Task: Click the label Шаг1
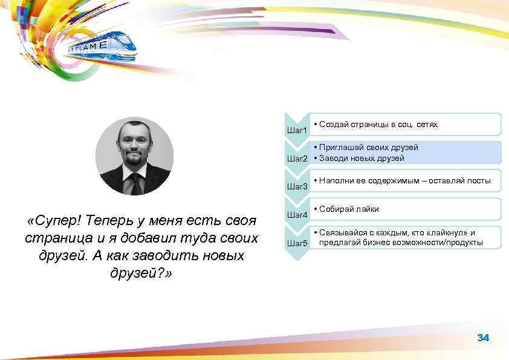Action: click(297, 130)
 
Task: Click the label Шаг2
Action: click(297, 159)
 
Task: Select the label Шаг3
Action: click(297, 186)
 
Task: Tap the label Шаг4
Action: click(297, 215)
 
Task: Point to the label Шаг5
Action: click(297, 243)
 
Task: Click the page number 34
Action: click(482, 338)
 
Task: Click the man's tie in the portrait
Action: click(137, 182)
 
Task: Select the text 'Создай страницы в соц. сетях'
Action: click(377, 124)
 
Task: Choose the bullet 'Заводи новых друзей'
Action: click(361, 158)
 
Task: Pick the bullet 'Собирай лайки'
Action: click(349, 209)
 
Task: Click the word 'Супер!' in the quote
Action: click(56, 220)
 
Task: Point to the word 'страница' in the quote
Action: click(57, 238)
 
